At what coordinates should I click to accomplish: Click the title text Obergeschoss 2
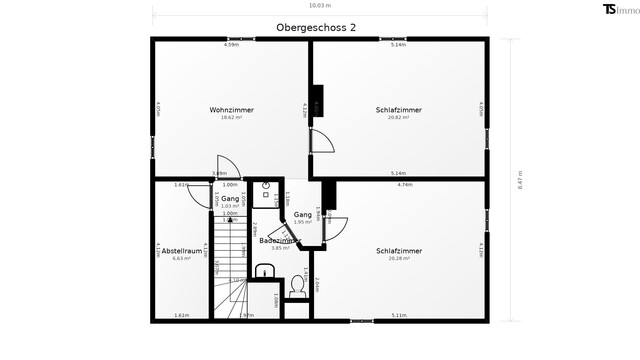click(x=315, y=28)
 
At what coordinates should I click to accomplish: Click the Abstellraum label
click(x=181, y=250)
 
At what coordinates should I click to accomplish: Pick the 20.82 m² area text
click(x=398, y=117)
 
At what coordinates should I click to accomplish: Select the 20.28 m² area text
click(x=398, y=258)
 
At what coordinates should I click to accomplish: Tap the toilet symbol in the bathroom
click(x=296, y=286)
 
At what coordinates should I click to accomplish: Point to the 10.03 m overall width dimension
click(x=320, y=5)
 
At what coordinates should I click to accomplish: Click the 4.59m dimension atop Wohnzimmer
click(x=231, y=45)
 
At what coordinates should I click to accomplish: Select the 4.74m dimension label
click(x=404, y=184)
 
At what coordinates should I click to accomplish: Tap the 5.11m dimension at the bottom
click(x=398, y=315)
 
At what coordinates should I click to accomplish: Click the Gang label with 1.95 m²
click(x=302, y=216)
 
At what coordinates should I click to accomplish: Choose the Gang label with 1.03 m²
click(x=229, y=200)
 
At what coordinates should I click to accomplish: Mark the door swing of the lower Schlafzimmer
click(x=335, y=229)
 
